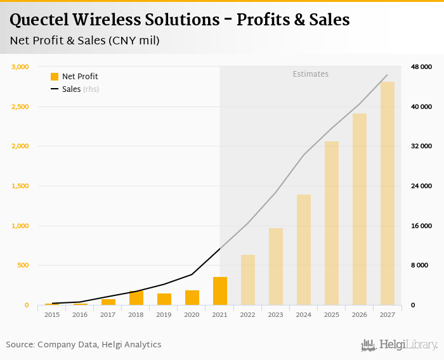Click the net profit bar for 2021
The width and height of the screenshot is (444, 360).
[x=220, y=291]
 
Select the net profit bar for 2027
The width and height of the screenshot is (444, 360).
[x=388, y=193]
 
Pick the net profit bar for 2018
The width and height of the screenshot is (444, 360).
[x=136, y=298]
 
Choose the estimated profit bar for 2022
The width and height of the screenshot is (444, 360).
[x=248, y=280]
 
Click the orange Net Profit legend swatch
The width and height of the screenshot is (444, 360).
[x=55, y=77]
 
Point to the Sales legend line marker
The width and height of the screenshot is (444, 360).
[x=55, y=89]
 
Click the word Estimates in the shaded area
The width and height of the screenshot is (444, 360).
[x=310, y=74]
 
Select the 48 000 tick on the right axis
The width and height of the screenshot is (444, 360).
[x=421, y=67]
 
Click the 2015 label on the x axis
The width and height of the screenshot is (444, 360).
[x=53, y=315]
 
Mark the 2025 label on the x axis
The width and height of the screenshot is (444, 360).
[x=332, y=315]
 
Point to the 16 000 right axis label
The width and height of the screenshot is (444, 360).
[x=421, y=226]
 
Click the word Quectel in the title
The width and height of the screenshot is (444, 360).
[x=41, y=20]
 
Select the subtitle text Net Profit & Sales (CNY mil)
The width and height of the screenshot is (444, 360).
[x=84, y=41]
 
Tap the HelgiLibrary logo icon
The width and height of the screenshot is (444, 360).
[x=369, y=345]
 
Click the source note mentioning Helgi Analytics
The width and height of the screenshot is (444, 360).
[x=84, y=345]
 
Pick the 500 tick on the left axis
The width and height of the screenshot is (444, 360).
[x=23, y=266]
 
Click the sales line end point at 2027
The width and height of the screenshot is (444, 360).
[x=388, y=75]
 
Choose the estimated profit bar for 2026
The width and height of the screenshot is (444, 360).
[x=360, y=209]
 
